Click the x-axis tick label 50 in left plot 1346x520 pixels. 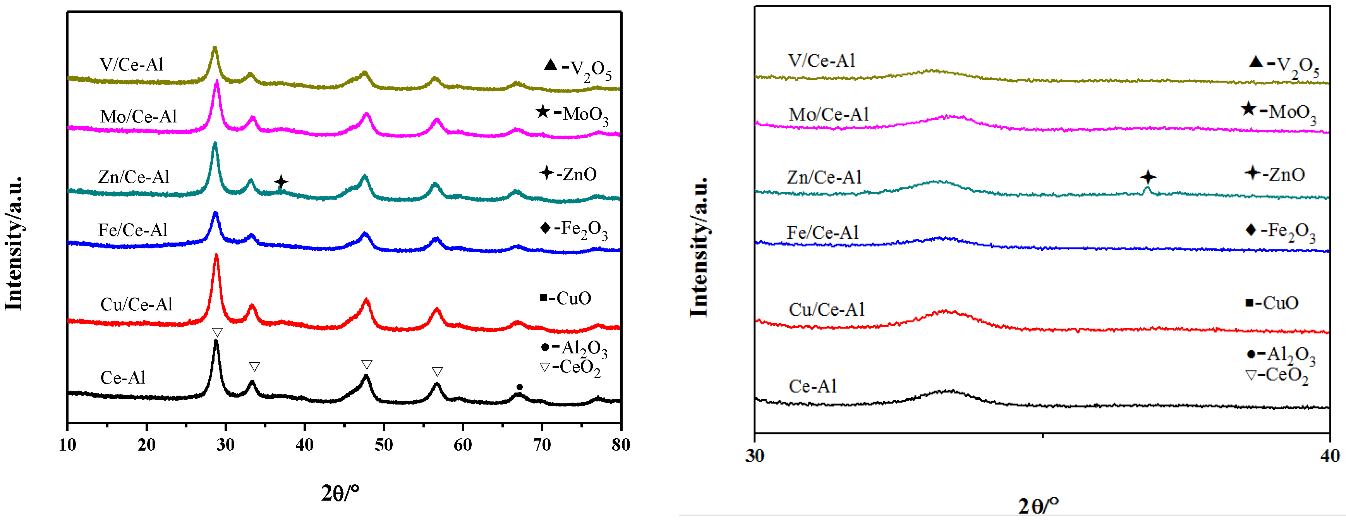383,445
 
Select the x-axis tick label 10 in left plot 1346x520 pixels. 67,445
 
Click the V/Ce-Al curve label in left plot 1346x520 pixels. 132,65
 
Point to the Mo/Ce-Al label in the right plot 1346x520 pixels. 829,114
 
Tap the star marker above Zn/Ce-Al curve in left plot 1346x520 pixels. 281,182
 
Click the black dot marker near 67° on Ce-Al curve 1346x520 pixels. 519,387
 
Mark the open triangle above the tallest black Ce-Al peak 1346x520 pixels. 217,332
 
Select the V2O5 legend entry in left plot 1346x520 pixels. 577,69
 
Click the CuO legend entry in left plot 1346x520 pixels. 565,298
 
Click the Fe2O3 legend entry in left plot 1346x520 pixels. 574,229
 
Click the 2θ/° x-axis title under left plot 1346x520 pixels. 340,493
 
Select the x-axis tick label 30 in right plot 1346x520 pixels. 755,456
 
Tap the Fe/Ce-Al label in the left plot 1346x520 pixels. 133,230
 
